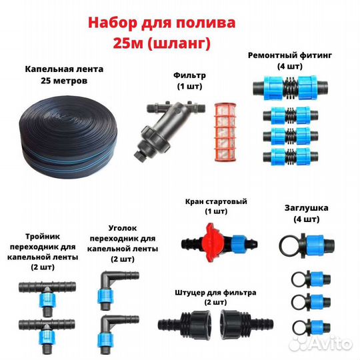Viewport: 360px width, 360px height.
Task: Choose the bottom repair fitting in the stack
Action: pos(290,157)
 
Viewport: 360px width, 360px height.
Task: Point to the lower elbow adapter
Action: pos(109,327)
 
